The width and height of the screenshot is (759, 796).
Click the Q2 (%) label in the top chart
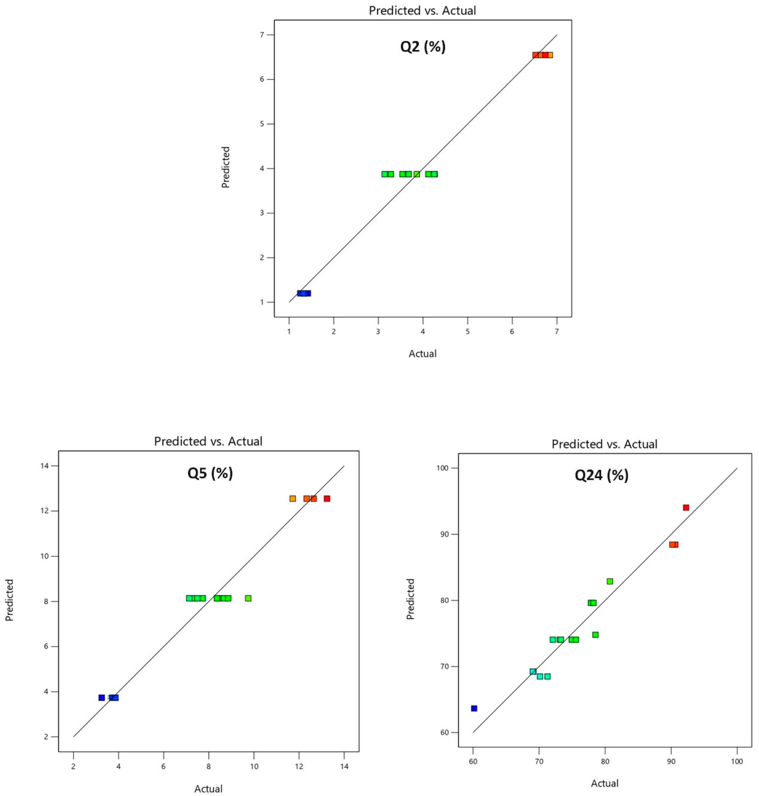pos(423,47)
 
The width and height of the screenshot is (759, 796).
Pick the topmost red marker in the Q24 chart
pos(686,507)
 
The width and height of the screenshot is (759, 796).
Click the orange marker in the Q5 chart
pos(293,498)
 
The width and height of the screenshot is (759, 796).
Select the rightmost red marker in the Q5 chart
pos(327,498)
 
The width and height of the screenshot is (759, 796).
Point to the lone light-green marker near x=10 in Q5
pos(248,598)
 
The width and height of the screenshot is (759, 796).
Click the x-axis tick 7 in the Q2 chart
pos(557,331)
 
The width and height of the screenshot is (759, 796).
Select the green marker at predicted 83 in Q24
pos(610,581)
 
